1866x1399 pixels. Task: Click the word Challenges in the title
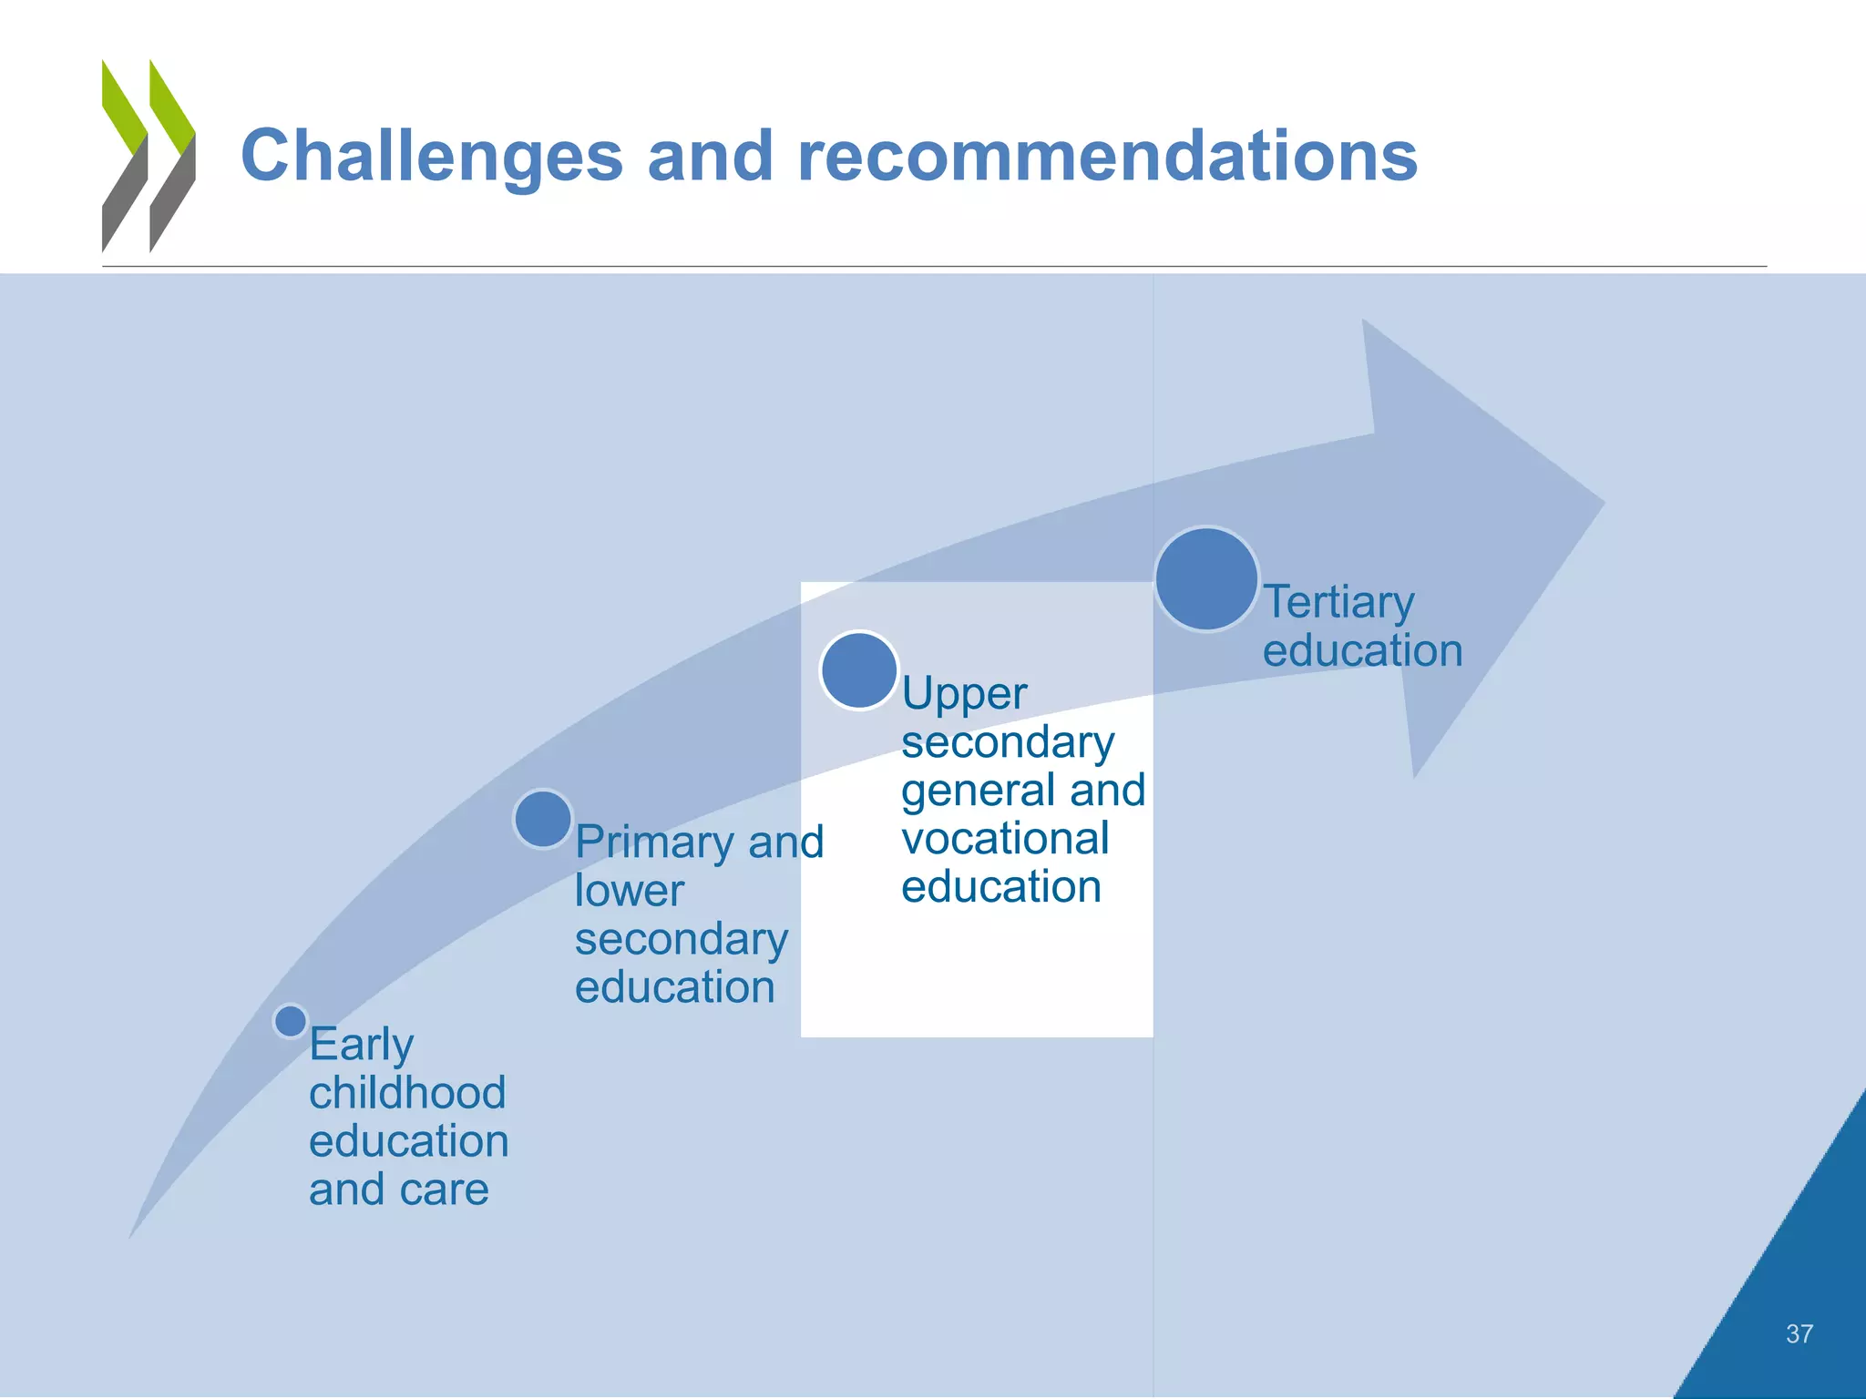pyautogui.click(x=431, y=157)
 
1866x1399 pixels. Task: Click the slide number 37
pyautogui.click(x=1799, y=1334)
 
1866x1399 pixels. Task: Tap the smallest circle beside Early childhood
pyautogui.click(x=291, y=1021)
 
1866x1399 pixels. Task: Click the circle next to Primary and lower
pyautogui.click(x=543, y=818)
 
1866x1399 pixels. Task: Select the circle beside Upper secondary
pyautogui.click(x=858, y=670)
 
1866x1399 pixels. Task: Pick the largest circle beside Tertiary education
pyautogui.click(x=1206, y=578)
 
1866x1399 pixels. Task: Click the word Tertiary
pyautogui.click(x=1338, y=603)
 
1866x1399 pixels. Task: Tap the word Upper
pyautogui.click(x=963, y=695)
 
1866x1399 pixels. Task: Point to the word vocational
pyautogui.click(x=1005, y=839)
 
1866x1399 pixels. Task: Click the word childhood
pyautogui.click(x=407, y=1093)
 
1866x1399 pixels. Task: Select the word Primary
pyautogui.click(x=654, y=843)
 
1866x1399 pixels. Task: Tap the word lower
pyautogui.click(x=629, y=891)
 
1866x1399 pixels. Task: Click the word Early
pyautogui.click(x=361, y=1046)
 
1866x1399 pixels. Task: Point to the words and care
pyautogui.click(x=398, y=1190)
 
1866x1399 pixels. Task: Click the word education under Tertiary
pyautogui.click(x=1362, y=651)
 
